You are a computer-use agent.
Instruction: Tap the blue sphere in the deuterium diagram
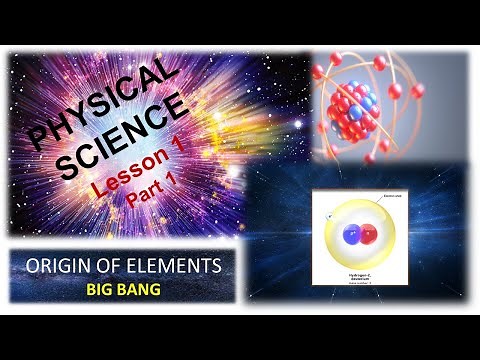(351, 235)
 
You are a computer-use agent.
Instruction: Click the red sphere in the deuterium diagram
(367, 235)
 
